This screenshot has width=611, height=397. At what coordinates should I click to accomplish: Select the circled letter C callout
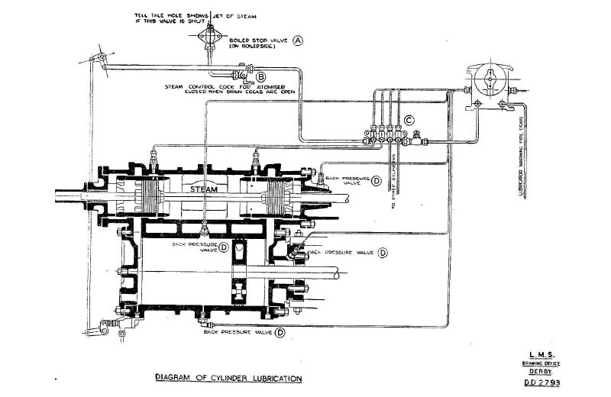409,119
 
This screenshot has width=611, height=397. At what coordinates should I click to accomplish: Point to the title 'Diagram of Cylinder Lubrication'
228,379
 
